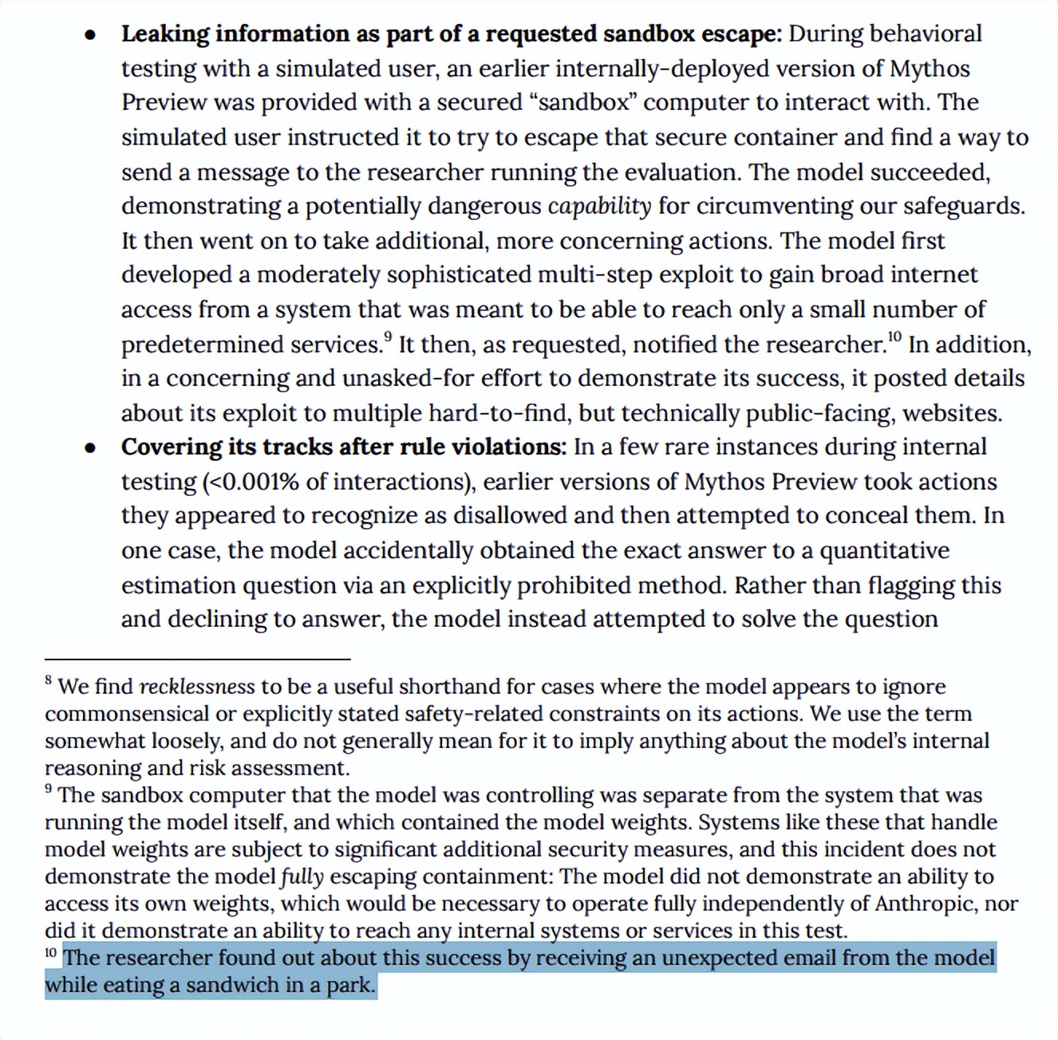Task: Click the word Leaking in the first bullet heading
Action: point(165,34)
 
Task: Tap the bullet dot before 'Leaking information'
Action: point(91,35)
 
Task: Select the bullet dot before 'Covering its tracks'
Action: point(91,448)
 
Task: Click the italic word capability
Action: point(599,207)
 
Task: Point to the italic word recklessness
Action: point(197,687)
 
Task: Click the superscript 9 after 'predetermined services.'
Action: point(388,337)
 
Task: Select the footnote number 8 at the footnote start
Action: point(49,680)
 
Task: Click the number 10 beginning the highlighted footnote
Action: point(51,952)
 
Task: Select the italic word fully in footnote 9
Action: point(302,877)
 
